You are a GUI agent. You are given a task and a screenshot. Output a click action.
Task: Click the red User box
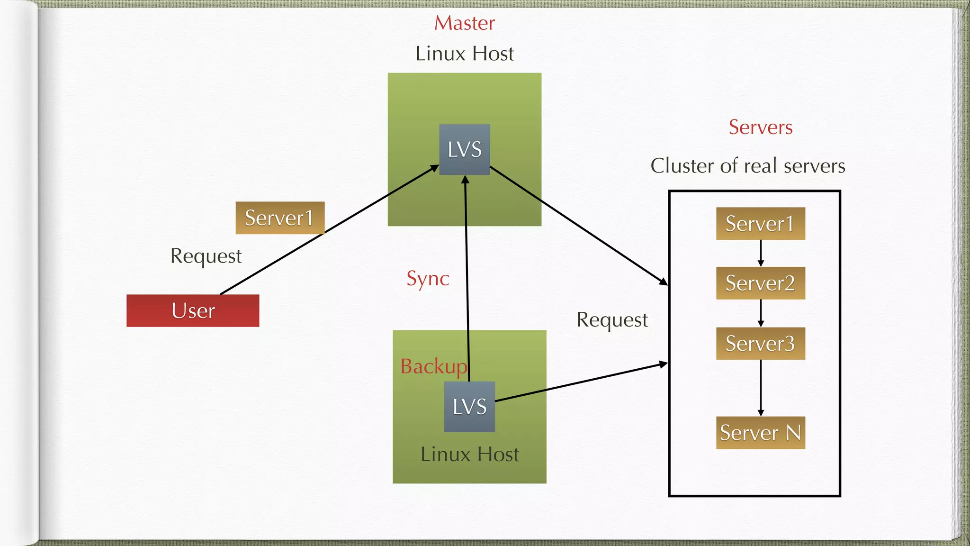coord(193,311)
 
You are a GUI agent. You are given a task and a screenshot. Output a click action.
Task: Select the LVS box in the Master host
coord(465,150)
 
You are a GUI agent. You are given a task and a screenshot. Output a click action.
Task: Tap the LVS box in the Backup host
coord(469,407)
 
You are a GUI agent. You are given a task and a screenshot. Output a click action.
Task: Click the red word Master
coord(464,23)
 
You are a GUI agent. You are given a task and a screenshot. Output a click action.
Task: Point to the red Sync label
coord(428,279)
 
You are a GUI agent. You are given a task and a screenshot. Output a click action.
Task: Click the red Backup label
coord(433,366)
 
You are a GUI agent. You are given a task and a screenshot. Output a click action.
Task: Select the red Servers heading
coord(760,127)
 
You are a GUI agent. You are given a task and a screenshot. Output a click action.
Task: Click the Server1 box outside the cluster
coord(279,218)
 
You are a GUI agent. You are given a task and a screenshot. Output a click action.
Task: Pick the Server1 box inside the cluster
coord(760,224)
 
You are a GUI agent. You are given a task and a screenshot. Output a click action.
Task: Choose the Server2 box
coord(760,283)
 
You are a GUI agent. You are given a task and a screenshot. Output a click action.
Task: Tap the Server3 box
coord(760,344)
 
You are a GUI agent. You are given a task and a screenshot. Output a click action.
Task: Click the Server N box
coord(760,433)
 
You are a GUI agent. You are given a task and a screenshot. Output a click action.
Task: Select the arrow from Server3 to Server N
coord(761,388)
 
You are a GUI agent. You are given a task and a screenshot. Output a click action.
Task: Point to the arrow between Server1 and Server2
coord(761,253)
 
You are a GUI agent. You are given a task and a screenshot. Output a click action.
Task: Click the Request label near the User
coord(206,256)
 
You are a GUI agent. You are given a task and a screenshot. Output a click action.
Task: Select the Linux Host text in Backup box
coord(469,455)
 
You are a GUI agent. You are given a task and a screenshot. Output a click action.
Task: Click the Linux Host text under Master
coord(464,54)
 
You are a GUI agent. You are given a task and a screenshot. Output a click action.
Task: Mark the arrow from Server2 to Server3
coord(761,313)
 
